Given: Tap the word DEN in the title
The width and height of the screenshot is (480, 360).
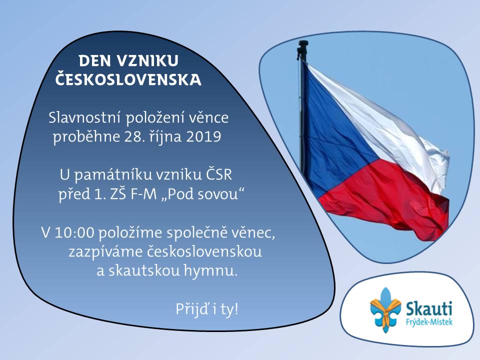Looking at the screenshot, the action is (94, 60).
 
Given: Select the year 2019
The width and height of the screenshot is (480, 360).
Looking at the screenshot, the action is (203, 136).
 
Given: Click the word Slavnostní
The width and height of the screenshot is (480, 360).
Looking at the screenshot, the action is (84, 118).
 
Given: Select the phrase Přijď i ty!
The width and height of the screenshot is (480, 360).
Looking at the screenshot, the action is (207, 309).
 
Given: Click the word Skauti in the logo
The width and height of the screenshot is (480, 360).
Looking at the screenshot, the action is (428, 308).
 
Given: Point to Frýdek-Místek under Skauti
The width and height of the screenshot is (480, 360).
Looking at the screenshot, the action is (429, 322).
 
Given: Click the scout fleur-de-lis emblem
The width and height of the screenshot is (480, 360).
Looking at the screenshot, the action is (385, 310).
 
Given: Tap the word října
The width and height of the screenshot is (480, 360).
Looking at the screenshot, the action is (165, 136).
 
